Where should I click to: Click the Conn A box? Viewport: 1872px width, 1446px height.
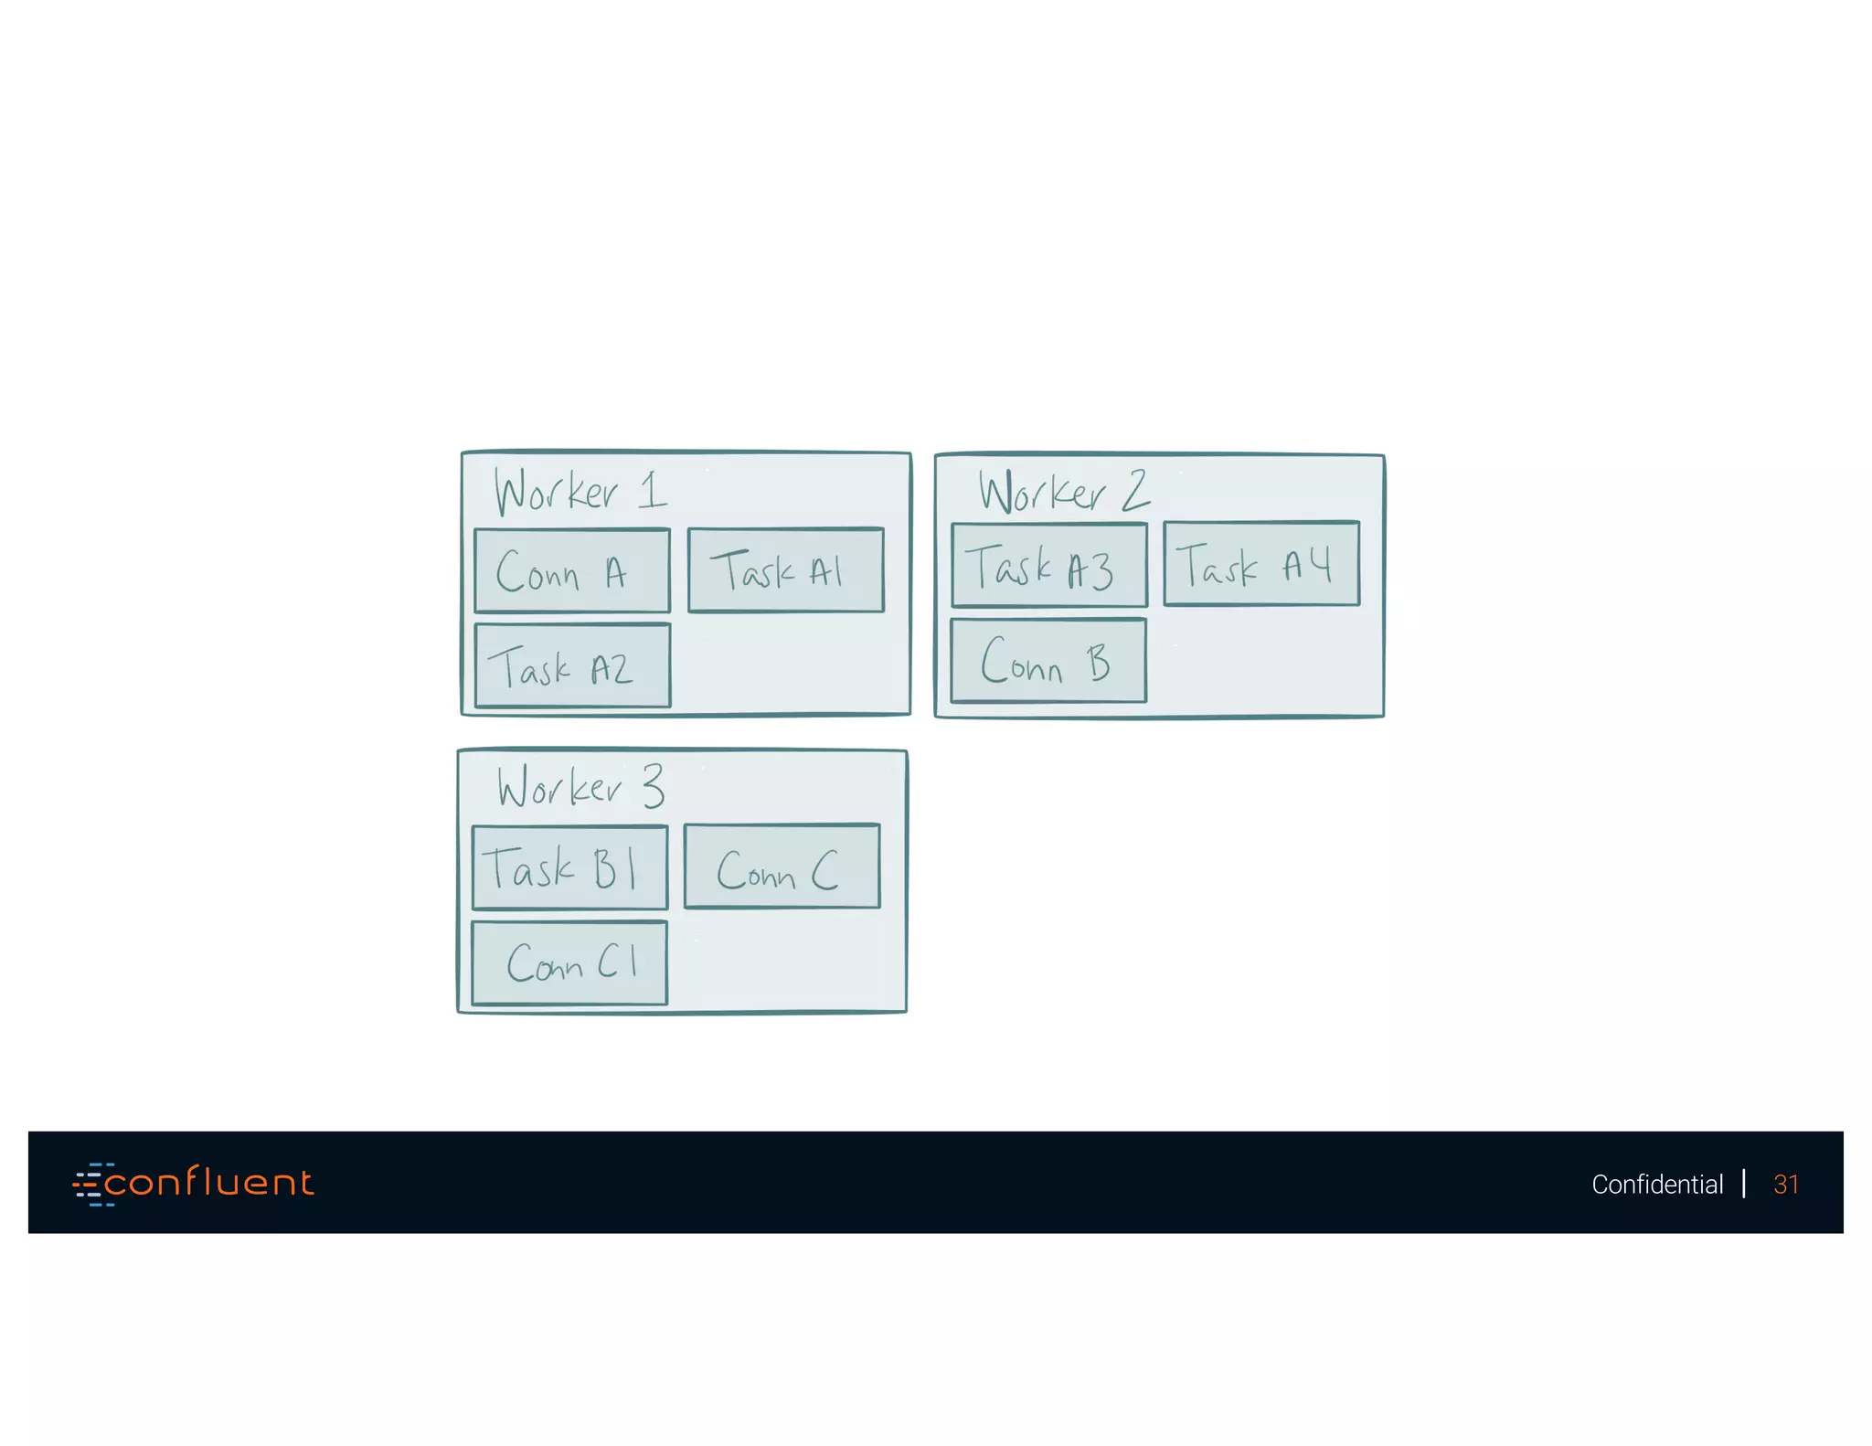point(572,571)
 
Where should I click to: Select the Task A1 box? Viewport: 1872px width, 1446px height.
point(785,570)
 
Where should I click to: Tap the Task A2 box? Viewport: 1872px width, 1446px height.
point(572,666)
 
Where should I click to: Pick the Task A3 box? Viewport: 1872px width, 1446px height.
point(1048,566)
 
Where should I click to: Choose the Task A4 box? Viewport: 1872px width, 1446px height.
point(1261,564)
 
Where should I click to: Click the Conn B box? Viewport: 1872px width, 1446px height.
point(1048,661)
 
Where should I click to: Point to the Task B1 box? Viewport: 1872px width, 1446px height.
point(569,868)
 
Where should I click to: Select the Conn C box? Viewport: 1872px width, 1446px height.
point(782,867)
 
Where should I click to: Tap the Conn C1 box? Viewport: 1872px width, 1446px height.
point(569,963)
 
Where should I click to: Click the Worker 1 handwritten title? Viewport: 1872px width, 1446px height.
point(580,492)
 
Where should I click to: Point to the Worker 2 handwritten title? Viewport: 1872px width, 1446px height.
point(1063,492)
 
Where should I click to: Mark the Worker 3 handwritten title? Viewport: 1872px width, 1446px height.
point(580,787)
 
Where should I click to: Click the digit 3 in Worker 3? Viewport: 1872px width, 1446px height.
point(653,785)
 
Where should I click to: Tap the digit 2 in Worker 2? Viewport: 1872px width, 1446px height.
point(1135,491)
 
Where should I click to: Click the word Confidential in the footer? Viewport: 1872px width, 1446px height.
point(1656,1185)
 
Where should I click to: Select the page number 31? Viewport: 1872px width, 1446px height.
point(1785,1185)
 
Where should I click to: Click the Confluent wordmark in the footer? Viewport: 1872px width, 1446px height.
point(209,1183)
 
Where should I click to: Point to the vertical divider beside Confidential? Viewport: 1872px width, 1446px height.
point(1744,1184)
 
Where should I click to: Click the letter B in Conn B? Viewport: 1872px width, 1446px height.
point(1098,663)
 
